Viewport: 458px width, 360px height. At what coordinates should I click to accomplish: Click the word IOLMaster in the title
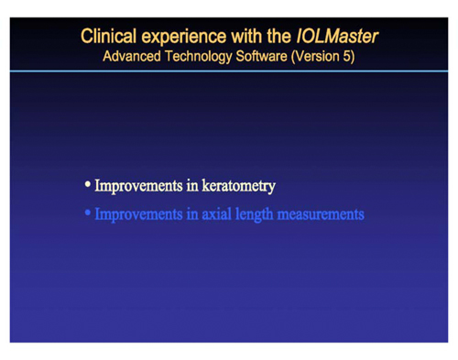point(337,38)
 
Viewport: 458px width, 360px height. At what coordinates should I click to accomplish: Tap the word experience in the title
point(183,38)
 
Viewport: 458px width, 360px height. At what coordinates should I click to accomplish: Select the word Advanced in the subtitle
point(133,56)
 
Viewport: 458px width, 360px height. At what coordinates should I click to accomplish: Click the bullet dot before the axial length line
point(88,213)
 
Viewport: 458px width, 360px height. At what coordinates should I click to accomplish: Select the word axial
point(216,213)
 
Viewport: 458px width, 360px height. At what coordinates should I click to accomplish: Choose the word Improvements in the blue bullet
point(136,213)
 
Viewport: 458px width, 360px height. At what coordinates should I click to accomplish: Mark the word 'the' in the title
point(277,38)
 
